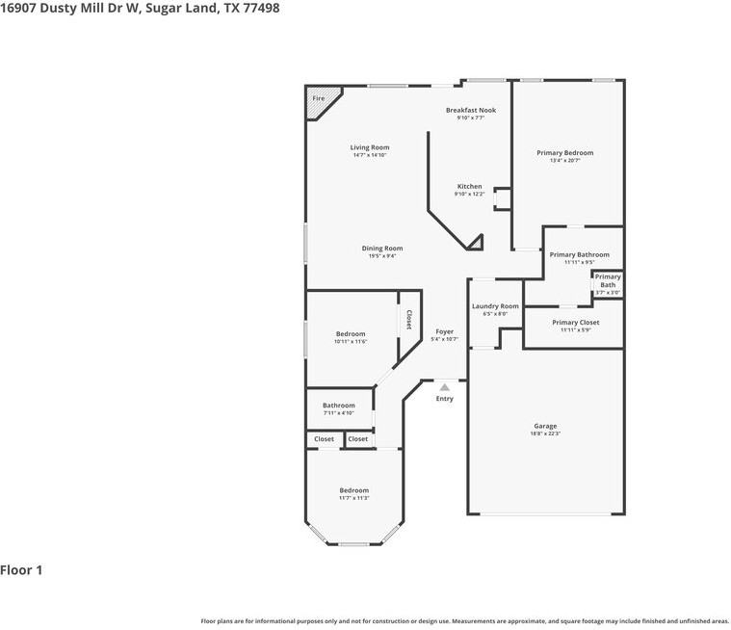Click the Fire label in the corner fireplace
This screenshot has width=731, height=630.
318,98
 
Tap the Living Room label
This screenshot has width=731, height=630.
370,147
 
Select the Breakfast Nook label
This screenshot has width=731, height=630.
470,110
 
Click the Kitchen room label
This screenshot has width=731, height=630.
469,186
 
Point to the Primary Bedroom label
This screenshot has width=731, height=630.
564,152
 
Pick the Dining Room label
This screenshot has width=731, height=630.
381,248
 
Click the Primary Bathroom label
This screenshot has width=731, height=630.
579,254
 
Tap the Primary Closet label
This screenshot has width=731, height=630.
575,322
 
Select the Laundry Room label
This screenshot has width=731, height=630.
495,305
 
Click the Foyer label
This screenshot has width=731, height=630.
443,331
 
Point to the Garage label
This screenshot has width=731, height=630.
545,425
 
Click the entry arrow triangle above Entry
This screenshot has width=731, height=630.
444,387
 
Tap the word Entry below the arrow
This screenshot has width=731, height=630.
444,398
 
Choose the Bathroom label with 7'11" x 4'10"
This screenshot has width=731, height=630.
338,405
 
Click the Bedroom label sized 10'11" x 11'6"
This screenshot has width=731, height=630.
351,333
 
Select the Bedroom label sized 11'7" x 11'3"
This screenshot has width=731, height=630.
353,490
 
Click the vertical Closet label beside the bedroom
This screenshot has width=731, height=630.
408,319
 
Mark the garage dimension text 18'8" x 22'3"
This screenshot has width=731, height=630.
545,433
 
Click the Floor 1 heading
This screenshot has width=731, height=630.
21,570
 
